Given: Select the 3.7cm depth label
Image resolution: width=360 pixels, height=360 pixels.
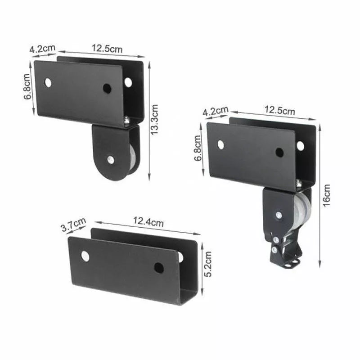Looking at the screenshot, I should (73, 225).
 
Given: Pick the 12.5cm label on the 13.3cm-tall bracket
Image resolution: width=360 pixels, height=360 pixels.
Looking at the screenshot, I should (107, 48).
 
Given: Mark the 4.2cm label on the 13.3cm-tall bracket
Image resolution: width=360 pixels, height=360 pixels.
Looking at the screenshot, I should (42, 48).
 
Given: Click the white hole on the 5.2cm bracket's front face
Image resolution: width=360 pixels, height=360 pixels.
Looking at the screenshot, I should (85, 256).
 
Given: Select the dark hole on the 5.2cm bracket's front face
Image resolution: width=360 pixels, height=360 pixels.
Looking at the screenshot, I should (159, 268).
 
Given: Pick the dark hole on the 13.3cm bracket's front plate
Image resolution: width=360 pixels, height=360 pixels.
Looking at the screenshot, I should (107, 88).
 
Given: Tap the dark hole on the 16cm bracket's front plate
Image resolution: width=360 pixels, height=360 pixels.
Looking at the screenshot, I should (279, 153).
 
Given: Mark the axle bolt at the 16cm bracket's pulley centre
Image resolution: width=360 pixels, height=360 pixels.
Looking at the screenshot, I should (279, 215).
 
